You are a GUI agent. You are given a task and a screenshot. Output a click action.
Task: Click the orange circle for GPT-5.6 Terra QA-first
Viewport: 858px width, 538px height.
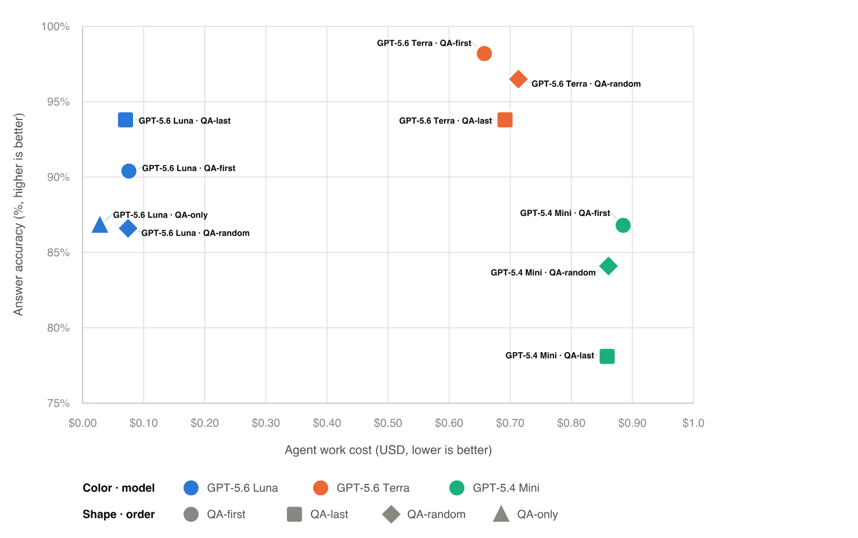click(x=484, y=54)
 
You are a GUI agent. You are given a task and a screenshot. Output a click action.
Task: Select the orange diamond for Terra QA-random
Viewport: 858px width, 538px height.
click(x=518, y=79)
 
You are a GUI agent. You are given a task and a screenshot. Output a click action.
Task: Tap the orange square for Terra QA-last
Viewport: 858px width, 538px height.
click(x=505, y=120)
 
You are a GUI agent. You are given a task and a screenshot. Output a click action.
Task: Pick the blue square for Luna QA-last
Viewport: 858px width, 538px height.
click(x=125, y=120)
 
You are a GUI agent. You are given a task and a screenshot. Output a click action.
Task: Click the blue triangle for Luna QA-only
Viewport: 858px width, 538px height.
click(x=100, y=226)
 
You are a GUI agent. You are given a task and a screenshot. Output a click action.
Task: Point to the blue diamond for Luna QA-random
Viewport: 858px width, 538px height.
click(x=128, y=228)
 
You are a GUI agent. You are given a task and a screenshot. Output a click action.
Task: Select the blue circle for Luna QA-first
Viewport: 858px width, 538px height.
click(x=129, y=170)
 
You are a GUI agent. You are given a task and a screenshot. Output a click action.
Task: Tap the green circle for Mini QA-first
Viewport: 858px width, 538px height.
click(x=623, y=225)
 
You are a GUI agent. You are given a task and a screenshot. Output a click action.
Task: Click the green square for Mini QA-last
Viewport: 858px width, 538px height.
click(x=606, y=356)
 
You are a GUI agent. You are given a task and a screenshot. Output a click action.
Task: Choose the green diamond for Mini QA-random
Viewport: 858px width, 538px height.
click(x=608, y=266)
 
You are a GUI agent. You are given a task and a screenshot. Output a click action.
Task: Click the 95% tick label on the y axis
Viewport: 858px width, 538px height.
click(x=58, y=102)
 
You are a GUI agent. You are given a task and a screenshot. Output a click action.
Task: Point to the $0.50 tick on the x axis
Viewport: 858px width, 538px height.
click(x=388, y=423)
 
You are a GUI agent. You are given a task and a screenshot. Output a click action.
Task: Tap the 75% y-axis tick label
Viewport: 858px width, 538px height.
click(x=58, y=403)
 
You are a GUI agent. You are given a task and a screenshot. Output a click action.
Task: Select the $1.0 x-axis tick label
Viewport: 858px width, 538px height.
click(x=693, y=423)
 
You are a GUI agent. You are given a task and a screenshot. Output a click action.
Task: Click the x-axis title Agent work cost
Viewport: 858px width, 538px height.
click(x=388, y=450)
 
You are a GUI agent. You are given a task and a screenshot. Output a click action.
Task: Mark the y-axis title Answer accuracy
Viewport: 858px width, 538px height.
click(x=18, y=214)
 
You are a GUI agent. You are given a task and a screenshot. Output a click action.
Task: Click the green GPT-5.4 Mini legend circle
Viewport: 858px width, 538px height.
click(x=456, y=488)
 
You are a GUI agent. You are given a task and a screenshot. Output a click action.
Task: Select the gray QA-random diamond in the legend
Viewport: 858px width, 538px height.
click(x=391, y=514)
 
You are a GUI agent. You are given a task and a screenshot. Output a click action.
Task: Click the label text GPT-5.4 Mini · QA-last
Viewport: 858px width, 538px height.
click(x=550, y=355)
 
